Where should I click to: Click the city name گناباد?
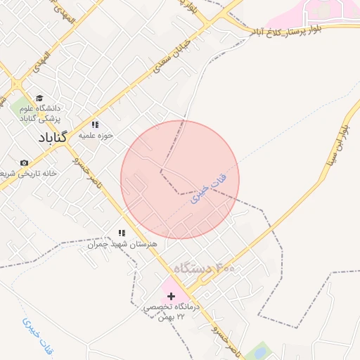point(49,136)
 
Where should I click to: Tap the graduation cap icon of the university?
point(39,98)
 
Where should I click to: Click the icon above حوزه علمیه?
point(96,124)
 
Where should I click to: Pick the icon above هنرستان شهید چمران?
point(122,233)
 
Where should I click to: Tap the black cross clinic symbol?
point(171,296)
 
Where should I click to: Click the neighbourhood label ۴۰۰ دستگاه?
point(205,269)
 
